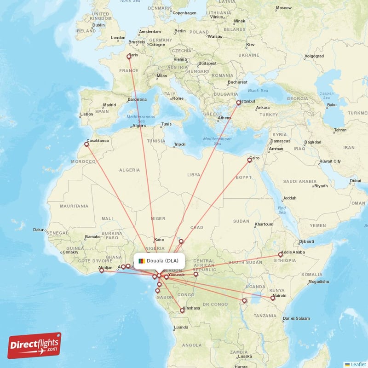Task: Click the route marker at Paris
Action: point(129,57)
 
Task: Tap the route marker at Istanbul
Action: point(238,103)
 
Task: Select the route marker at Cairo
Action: point(250,160)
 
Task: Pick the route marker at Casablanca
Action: point(86,144)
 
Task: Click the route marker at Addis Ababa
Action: point(280,254)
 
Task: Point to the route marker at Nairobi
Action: point(273,298)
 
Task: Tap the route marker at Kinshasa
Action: point(182,310)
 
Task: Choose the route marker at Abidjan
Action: point(102,271)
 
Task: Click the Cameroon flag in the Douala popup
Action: point(141,261)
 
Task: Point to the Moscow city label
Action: point(283,8)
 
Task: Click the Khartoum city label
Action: point(264,224)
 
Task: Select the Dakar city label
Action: point(38,230)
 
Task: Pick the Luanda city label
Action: point(181,328)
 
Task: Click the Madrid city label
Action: point(109,105)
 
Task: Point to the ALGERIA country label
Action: point(129,170)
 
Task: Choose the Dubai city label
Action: point(355,181)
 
